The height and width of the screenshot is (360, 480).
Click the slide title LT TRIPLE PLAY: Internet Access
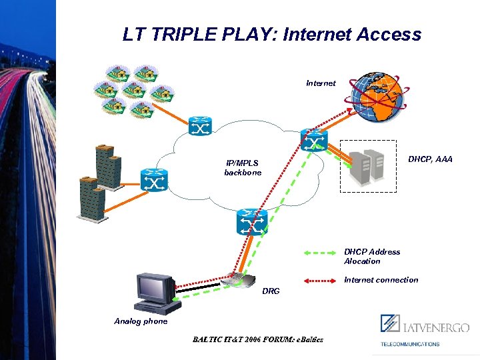[272, 35]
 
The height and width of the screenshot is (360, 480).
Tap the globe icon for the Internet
[380, 96]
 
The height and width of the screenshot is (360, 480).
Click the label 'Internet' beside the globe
[321, 83]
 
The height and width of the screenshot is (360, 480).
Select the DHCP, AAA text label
[430, 159]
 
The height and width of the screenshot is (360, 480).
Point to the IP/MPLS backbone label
[243, 167]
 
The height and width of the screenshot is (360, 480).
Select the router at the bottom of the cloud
[252, 222]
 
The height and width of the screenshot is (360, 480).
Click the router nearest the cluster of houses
[199, 126]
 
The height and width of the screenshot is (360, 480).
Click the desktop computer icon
[157, 293]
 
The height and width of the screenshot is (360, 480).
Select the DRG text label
[271, 291]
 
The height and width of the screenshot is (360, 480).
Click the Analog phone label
[141, 321]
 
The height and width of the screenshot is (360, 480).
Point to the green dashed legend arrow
[319, 253]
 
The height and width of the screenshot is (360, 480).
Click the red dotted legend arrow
[319, 281]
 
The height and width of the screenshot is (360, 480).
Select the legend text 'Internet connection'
[381, 280]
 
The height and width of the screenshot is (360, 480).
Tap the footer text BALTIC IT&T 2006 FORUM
[257, 339]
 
